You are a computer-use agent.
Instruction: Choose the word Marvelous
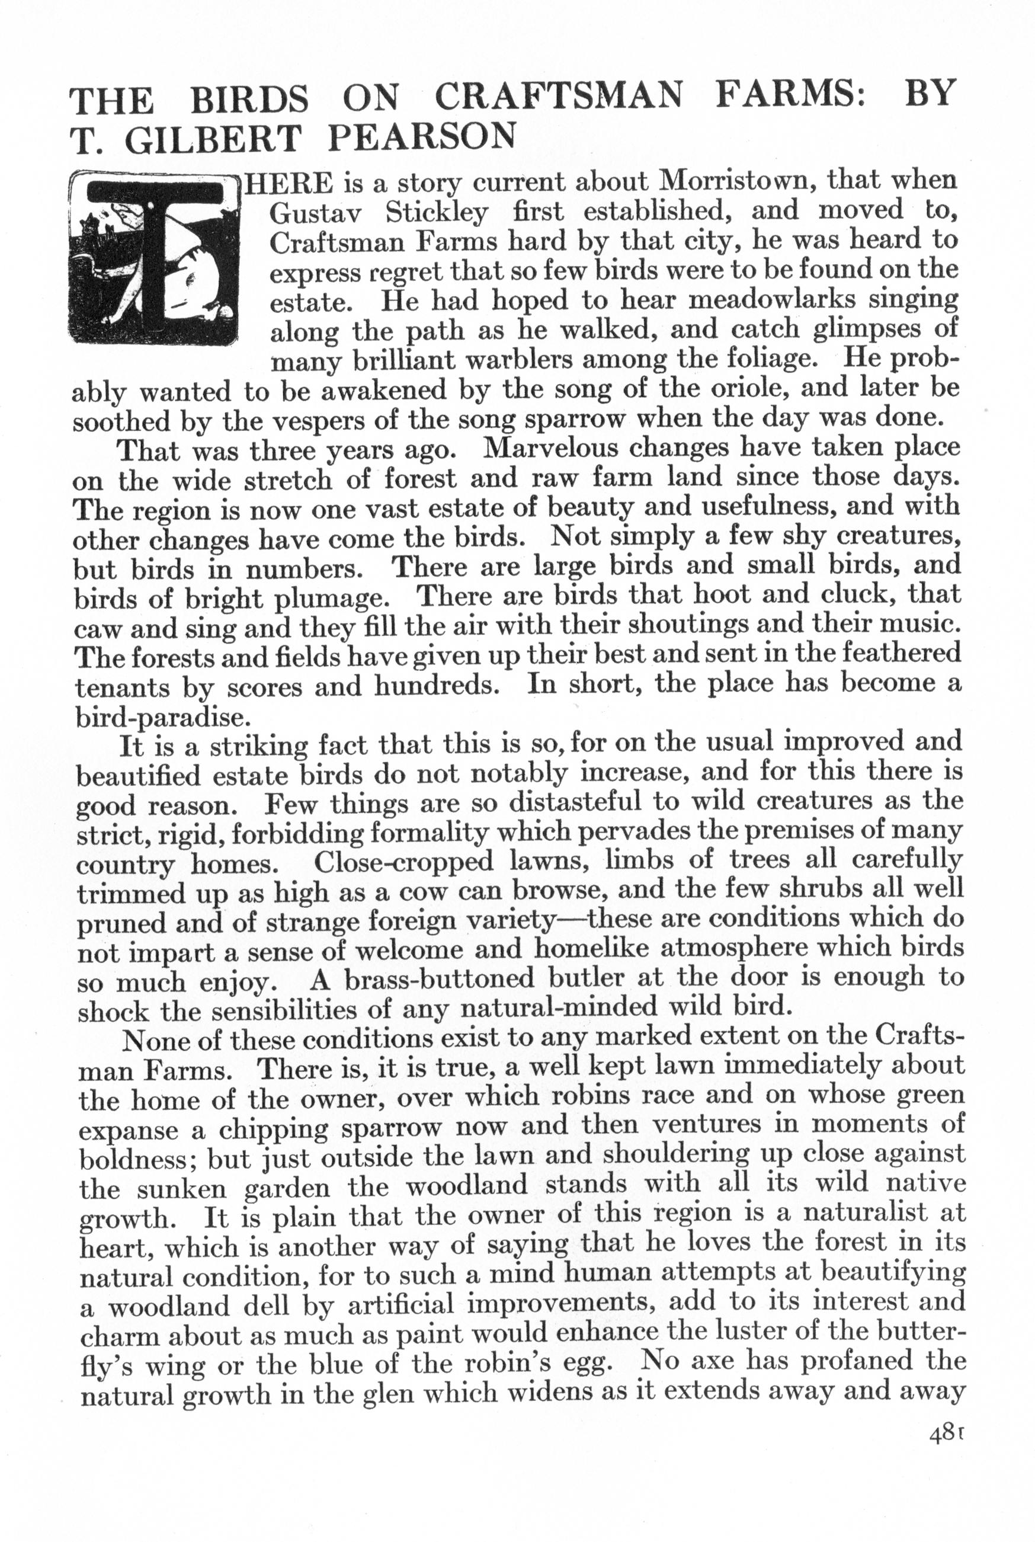(551, 448)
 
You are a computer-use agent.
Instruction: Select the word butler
(568, 977)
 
